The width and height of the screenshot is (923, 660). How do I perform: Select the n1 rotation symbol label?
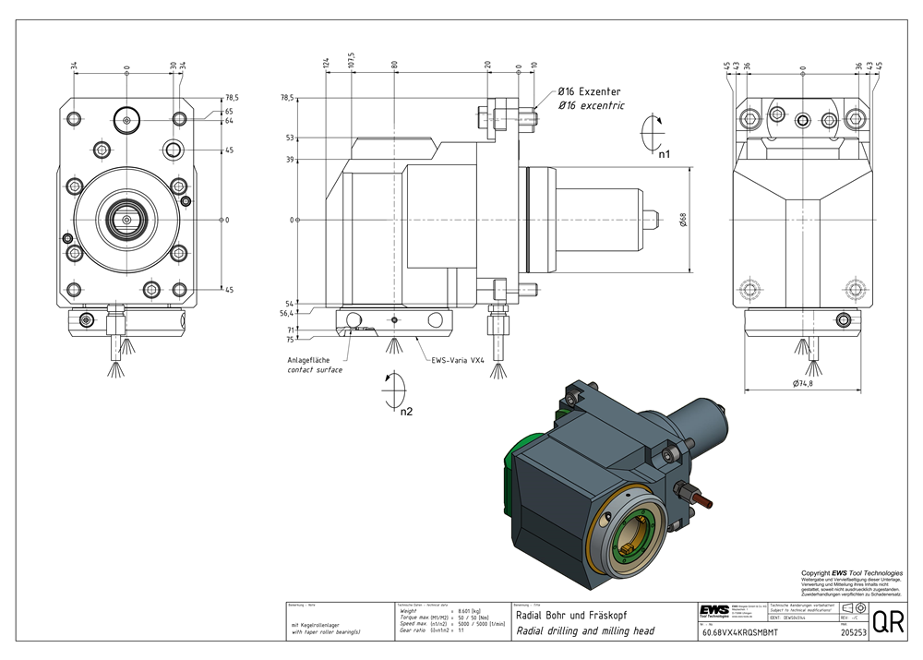click(665, 154)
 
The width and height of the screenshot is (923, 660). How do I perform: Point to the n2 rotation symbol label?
click(405, 411)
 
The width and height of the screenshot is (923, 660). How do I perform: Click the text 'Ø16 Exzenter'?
click(589, 92)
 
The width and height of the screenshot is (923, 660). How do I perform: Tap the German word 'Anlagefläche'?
click(308, 360)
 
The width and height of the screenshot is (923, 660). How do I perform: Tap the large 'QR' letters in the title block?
click(888, 622)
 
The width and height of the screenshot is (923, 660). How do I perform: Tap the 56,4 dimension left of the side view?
click(287, 313)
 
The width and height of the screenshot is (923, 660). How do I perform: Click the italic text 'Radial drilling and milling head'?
click(583, 632)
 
